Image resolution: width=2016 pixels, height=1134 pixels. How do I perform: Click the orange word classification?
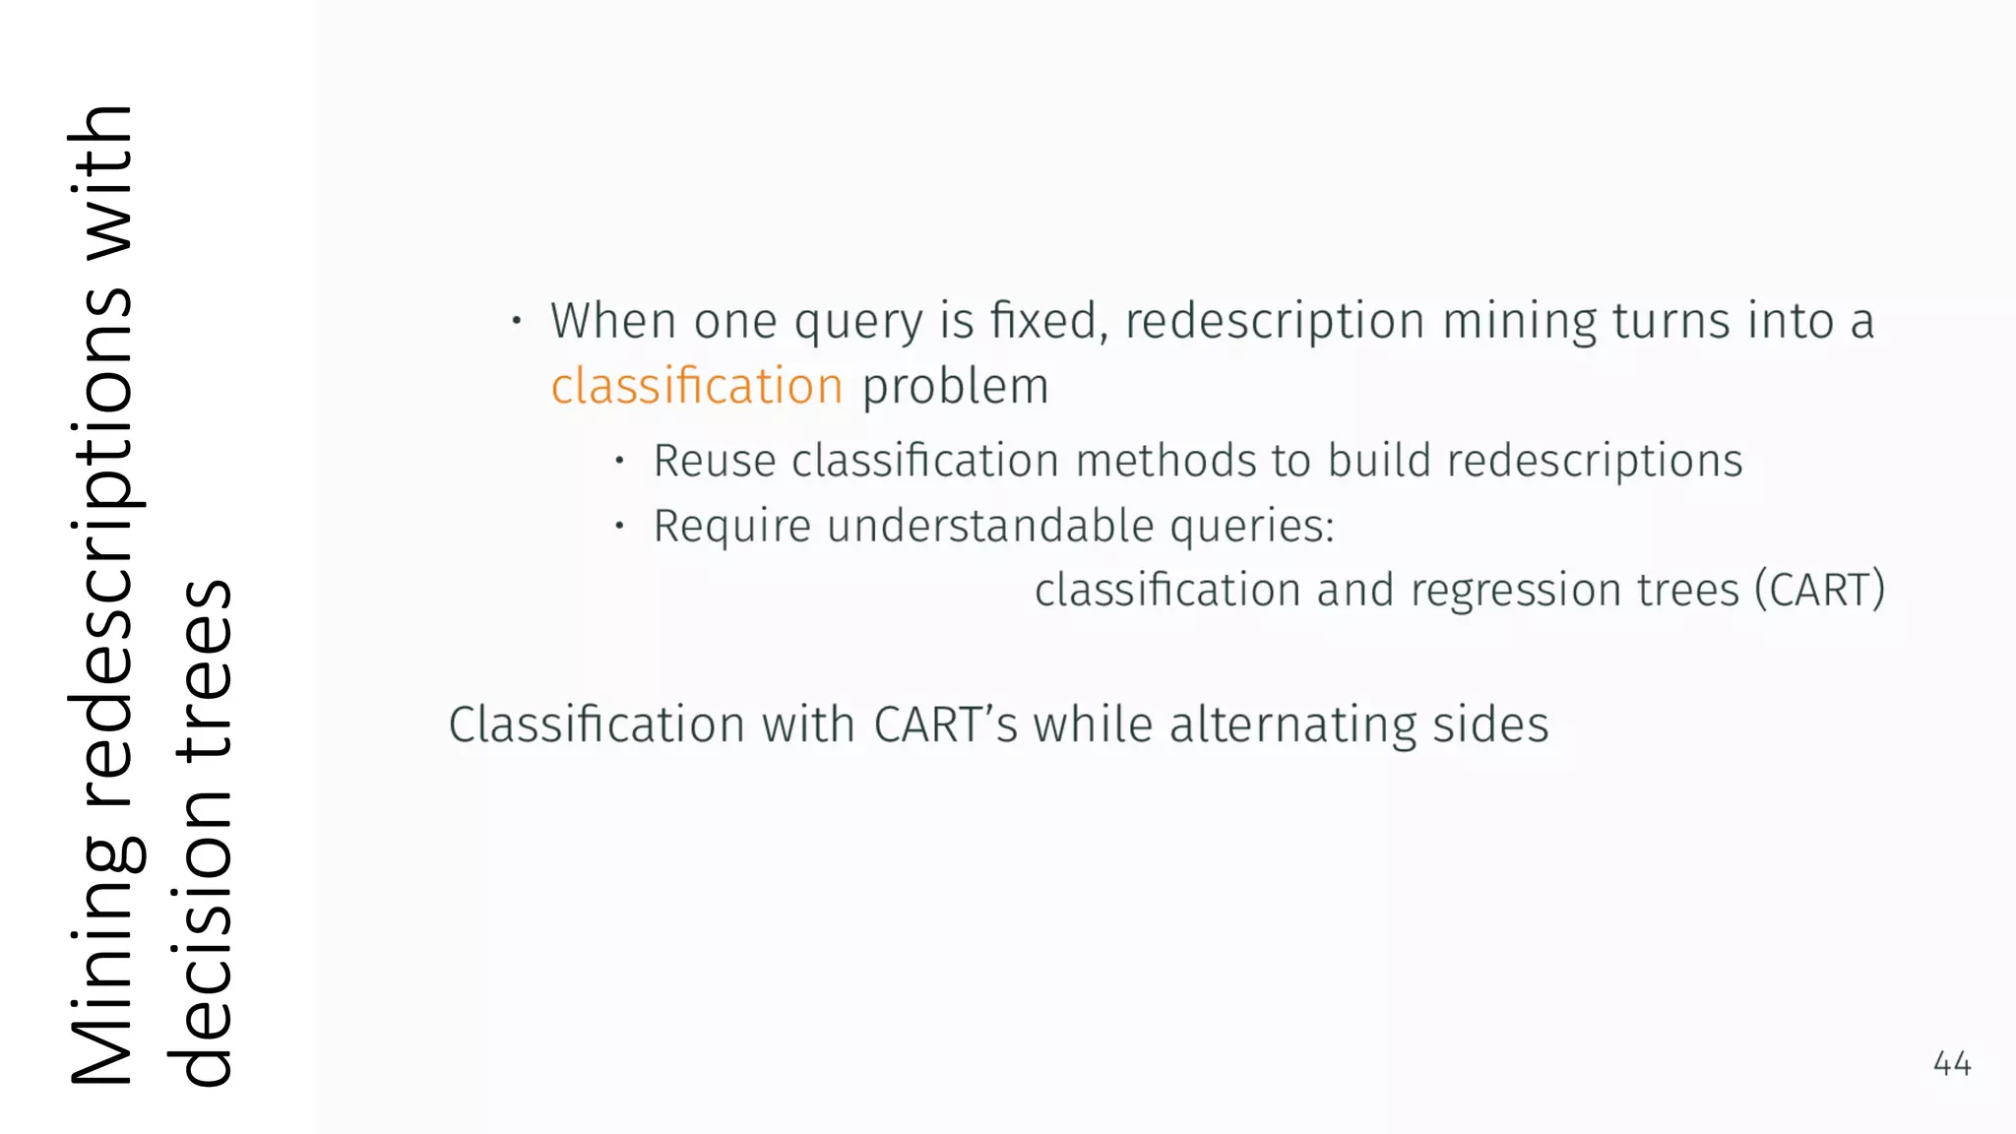(696, 386)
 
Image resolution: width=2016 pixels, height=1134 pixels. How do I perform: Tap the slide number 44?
(1951, 1063)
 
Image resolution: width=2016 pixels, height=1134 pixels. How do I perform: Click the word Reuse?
(715, 461)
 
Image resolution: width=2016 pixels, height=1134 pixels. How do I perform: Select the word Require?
(732, 526)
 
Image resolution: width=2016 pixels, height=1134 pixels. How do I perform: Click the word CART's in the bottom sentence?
(945, 725)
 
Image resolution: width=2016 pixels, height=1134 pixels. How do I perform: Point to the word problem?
(955, 386)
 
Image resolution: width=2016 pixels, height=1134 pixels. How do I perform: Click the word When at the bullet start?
(612, 321)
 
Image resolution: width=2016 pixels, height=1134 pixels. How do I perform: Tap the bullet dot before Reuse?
(619, 460)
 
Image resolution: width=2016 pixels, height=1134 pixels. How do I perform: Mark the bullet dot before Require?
(619, 526)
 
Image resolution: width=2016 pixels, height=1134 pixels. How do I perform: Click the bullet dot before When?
(516, 321)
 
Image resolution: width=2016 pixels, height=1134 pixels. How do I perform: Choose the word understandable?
(990, 526)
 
